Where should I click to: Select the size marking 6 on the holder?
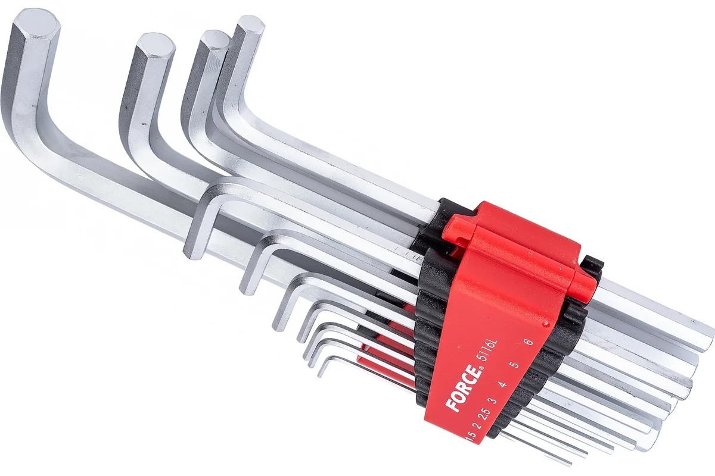pos(529,342)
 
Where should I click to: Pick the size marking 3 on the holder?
pos(494,400)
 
